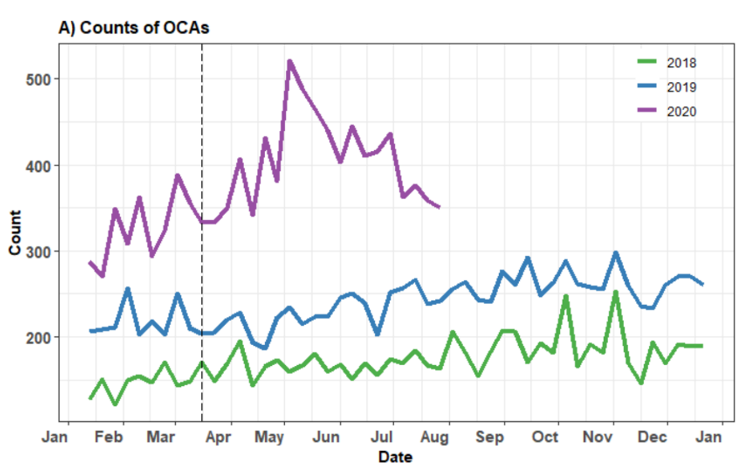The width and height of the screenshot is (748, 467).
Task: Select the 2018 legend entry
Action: point(679,63)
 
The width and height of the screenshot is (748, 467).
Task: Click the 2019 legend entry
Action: point(679,87)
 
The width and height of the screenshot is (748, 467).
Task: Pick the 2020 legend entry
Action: point(679,111)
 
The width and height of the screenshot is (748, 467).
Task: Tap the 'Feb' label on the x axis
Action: point(112,436)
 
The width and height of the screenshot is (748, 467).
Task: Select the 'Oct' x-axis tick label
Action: point(545,436)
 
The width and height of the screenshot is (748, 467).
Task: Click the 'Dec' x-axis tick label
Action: point(654,436)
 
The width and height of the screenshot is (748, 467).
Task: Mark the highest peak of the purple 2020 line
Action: point(290,61)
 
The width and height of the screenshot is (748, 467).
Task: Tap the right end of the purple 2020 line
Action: point(439,207)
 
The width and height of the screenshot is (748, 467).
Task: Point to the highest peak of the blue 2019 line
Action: point(616,253)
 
